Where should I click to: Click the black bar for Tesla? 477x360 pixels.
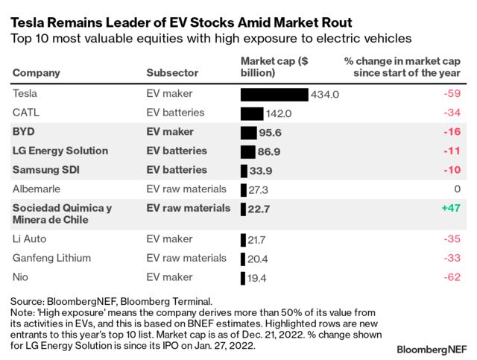tap(274, 95)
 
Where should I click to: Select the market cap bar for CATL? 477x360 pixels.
tap(252, 113)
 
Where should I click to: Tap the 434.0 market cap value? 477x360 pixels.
tap(326, 95)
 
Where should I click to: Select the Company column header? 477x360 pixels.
tap(37, 73)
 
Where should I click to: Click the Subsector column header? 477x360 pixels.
tap(172, 73)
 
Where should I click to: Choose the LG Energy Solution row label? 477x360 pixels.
tap(60, 151)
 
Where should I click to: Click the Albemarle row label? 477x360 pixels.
tap(39, 189)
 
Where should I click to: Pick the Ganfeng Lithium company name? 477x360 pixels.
tap(52, 258)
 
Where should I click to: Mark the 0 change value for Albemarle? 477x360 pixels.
tap(458, 189)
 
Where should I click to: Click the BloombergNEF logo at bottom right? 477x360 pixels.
tap(432, 348)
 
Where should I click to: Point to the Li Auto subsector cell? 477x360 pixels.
tap(169, 239)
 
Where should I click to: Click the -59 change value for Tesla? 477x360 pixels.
tap(453, 95)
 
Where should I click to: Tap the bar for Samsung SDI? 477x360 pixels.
tap(244, 170)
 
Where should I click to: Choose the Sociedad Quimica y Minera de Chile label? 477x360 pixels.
tap(62, 214)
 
